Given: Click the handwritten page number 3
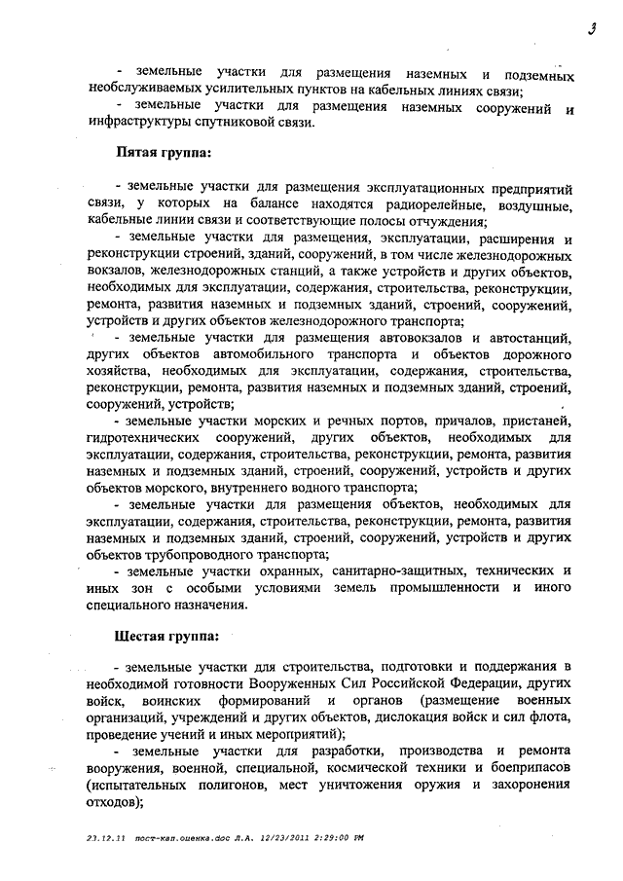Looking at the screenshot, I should click(x=592, y=28).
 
